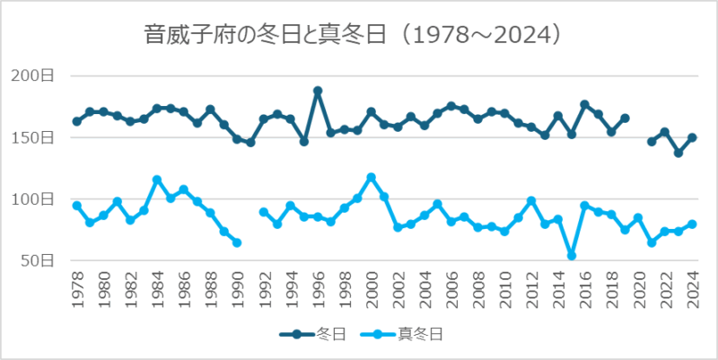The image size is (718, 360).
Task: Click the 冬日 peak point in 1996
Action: [318, 91]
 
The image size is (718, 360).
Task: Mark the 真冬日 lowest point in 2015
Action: [572, 256]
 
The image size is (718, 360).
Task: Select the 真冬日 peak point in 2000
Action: [372, 178]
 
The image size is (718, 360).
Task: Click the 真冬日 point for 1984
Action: [157, 180]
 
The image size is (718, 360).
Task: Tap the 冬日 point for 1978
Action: [77, 121]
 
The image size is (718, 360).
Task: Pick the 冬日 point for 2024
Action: [692, 137]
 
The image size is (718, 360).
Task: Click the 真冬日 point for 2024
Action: [692, 224]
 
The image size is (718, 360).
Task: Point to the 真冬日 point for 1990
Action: [237, 242]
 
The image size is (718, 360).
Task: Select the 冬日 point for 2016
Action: [585, 104]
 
